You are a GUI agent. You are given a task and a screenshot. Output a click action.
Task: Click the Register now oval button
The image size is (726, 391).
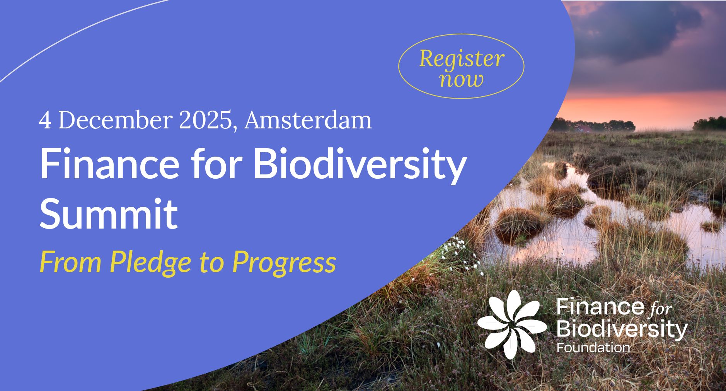point(461,66)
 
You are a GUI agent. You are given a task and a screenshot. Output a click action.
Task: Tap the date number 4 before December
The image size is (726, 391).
point(45,121)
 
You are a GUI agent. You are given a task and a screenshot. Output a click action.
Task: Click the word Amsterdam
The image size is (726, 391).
point(308,120)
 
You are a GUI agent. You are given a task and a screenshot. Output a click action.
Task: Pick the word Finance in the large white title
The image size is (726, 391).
point(110,164)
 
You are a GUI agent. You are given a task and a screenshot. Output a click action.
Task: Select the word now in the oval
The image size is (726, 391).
point(462,80)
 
